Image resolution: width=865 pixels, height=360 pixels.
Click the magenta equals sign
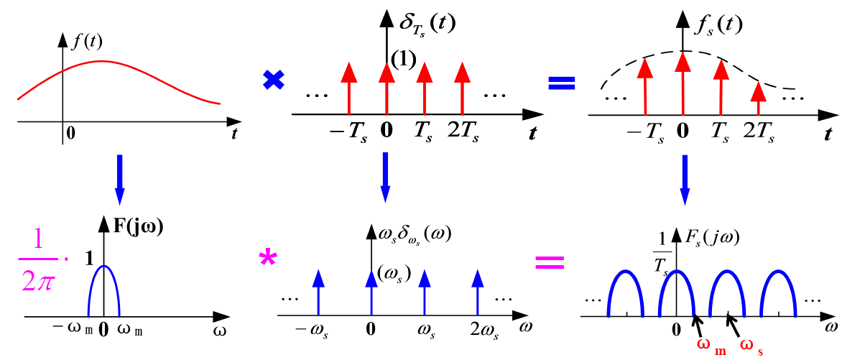point(550,262)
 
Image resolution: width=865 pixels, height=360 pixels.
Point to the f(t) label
point(88,42)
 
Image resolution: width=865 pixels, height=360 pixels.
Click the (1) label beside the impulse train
point(403,60)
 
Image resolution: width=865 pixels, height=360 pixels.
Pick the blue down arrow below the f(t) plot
point(119,177)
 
